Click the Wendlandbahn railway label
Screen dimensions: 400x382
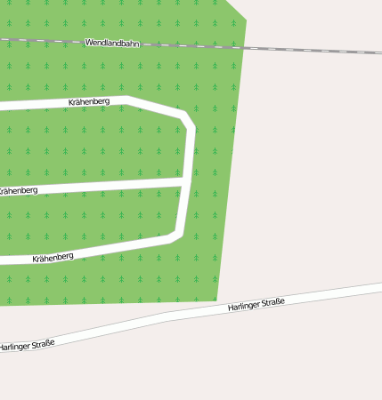113,43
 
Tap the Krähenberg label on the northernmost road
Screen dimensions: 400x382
89,102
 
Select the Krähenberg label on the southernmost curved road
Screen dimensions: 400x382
53,258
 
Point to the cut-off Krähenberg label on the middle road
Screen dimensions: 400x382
19,190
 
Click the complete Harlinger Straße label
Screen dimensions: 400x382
256,305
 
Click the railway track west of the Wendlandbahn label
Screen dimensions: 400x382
40,40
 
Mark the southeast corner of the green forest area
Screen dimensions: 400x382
216,300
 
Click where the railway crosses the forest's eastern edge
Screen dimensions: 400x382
242,47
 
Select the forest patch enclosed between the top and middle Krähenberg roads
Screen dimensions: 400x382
98,147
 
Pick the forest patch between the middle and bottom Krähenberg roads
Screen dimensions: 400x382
98,218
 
